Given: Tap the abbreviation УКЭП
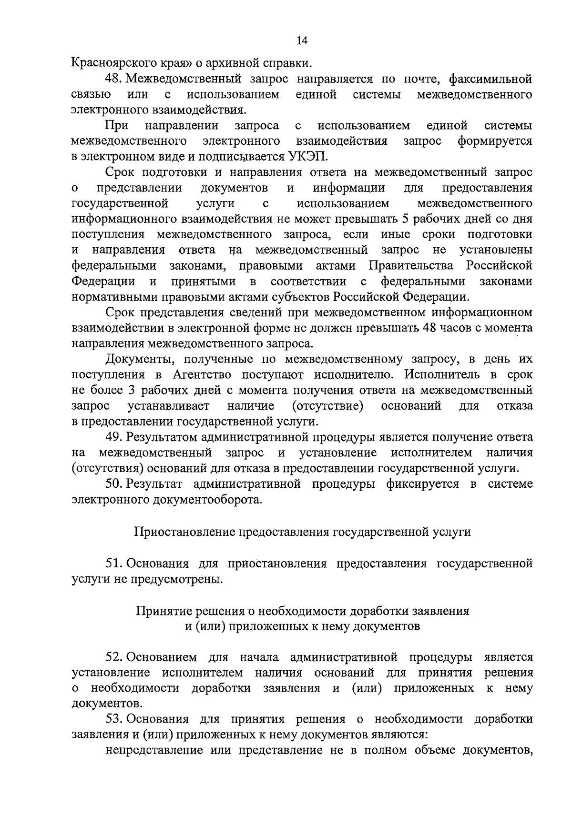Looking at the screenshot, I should pos(309,157).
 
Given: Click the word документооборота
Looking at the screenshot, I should pos(207,501).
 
